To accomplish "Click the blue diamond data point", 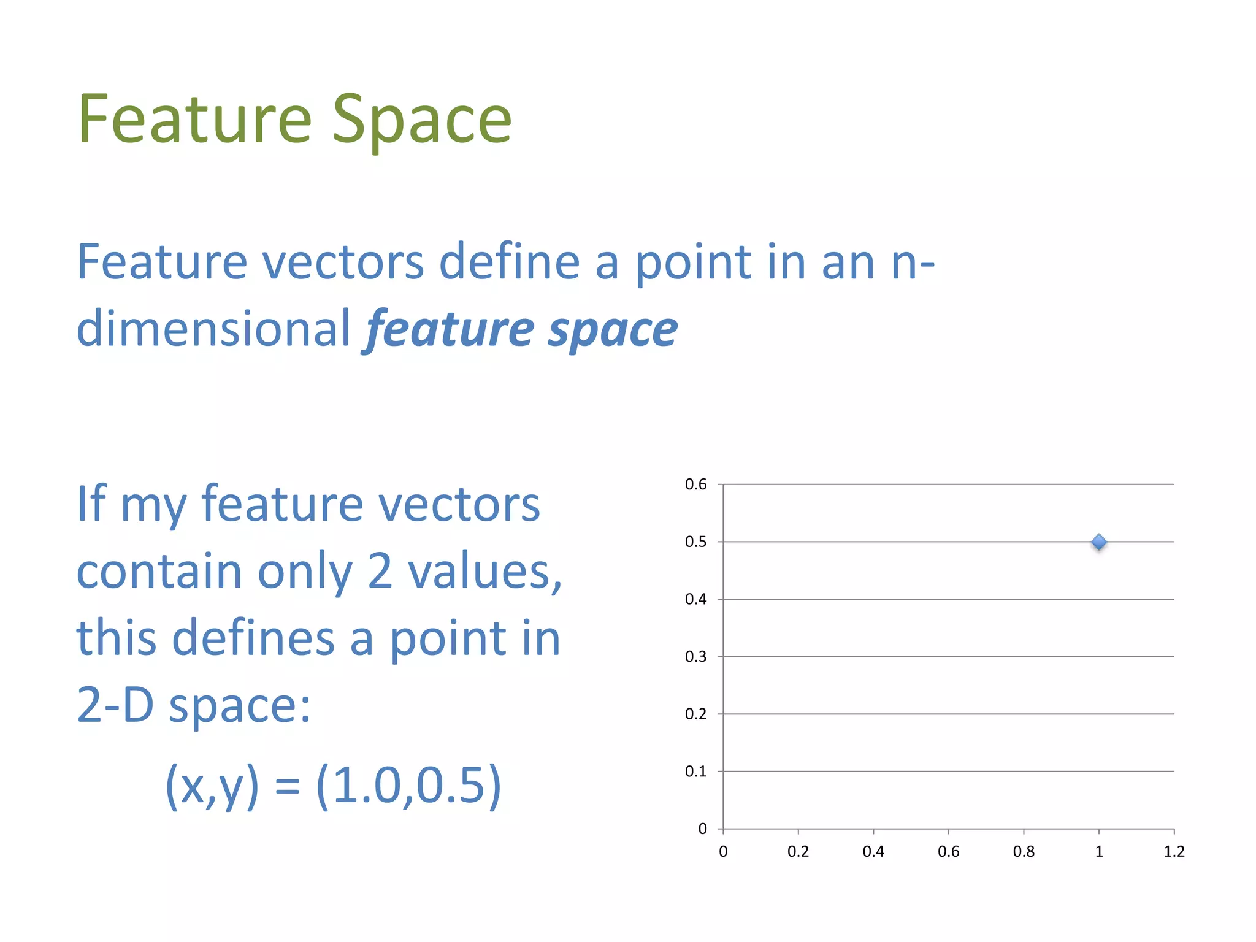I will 1099,542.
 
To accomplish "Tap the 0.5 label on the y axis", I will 695,542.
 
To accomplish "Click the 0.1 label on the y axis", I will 695,772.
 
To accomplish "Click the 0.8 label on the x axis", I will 1024,852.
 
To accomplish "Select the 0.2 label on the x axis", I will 798,852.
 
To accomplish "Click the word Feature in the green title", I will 195,120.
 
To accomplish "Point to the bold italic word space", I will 613,330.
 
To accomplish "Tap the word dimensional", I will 213,328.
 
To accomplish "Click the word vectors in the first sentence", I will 343,262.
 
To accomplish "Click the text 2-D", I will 115,705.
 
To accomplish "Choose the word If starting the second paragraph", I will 91,504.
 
